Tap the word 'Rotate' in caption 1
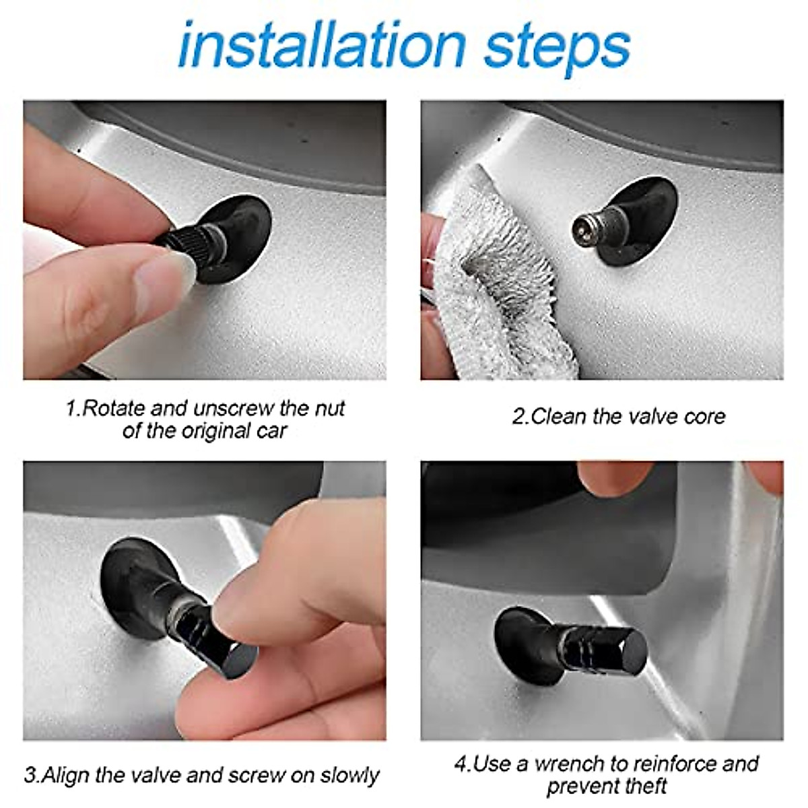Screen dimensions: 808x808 pos(113,409)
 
